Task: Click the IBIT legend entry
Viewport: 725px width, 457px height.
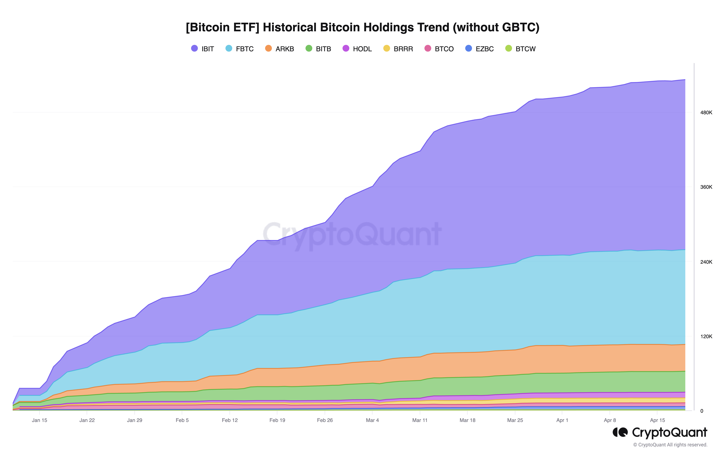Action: tap(203, 49)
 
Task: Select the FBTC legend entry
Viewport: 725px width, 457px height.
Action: tap(240, 49)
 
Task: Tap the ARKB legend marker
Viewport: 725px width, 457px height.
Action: tap(268, 49)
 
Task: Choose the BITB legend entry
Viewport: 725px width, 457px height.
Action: tap(318, 49)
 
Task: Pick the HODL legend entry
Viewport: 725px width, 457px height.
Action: tap(357, 49)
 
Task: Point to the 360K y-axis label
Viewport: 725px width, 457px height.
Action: tap(706, 187)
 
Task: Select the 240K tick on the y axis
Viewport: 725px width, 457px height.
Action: tap(706, 262)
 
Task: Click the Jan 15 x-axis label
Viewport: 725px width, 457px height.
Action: tap(39, 420)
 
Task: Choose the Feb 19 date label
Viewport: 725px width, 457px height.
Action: tap(277, 420)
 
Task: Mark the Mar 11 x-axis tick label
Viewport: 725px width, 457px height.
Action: tap(420, 420)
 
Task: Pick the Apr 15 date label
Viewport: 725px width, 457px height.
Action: tap(658, 420)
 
